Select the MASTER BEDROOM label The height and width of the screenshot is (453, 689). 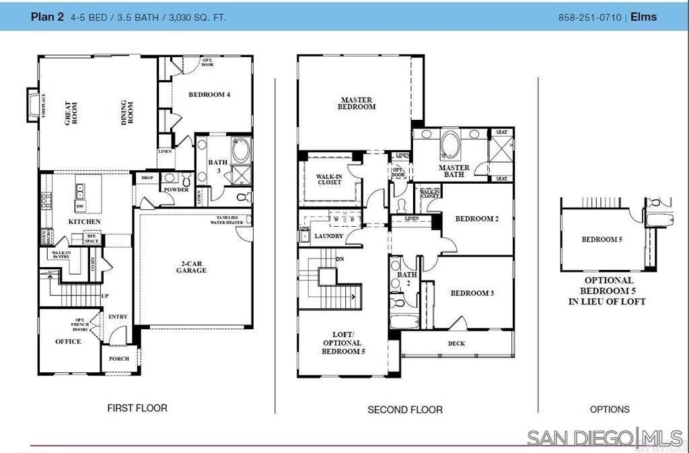tap(357, 103)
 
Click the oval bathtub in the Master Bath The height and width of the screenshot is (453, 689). tap(449, 145)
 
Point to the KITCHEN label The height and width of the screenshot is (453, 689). tap(85, 221)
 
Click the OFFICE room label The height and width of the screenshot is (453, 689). tap(68, 341)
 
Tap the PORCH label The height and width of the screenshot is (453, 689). tap(119, 359)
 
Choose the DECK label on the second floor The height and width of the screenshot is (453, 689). tap(456, 343)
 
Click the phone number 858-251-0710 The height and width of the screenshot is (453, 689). tap(589, 18)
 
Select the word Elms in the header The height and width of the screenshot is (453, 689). tap(644, 18)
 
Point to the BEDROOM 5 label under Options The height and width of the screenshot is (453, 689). tap(602, 240)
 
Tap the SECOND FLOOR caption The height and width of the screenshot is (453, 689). tap(405, 409)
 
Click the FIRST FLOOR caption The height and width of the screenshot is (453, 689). tap(137, 408)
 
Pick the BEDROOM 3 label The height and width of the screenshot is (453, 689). tap(472, 293)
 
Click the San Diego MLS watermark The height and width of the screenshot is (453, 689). tap(604, 438)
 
